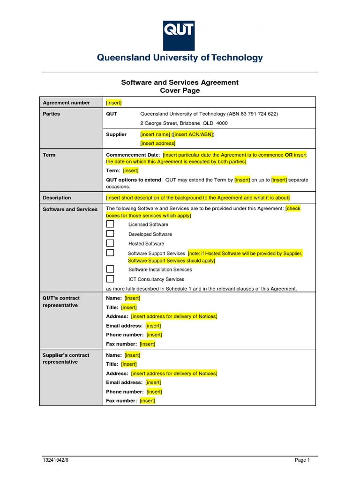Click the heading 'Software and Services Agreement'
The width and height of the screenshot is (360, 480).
(180, 82)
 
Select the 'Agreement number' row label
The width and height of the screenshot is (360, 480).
(66, 103)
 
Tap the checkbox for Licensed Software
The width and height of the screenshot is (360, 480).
(110, 224)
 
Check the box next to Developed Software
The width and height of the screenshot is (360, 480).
(110, 234)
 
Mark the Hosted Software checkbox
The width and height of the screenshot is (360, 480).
(110, 243)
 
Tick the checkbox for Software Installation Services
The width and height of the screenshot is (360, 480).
(110, 269)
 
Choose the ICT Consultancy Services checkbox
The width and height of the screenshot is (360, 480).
(110, 279)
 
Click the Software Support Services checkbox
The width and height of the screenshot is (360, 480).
(110, 253)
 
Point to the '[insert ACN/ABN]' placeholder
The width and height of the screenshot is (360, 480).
(193, 135)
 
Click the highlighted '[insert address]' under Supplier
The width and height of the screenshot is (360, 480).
(157, 143)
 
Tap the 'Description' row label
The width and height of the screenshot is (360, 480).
(57, 198)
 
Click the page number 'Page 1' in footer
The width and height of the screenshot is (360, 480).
(302, 460)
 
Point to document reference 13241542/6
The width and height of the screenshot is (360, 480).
(56, 460)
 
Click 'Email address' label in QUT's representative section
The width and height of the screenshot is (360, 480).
(124, 326)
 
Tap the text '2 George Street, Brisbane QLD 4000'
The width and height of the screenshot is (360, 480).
(184, 123)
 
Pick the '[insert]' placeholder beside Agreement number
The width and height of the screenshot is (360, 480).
(114, 103)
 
